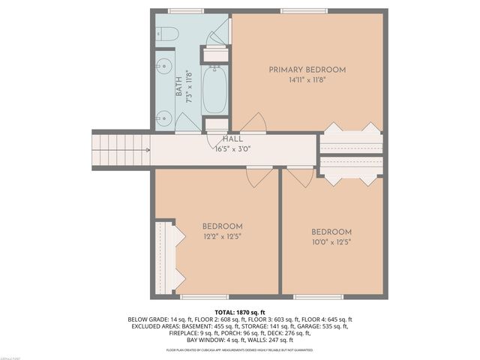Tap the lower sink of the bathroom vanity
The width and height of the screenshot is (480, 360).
pos(164,116)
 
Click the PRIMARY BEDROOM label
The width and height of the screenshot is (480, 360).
pos(307,70)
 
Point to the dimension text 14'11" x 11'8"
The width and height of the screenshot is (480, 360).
pos(307,79)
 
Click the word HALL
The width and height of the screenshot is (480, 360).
pos(232,139)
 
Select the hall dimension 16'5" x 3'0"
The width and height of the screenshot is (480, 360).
pos(232,148)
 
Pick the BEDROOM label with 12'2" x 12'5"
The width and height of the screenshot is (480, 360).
pos(223,226)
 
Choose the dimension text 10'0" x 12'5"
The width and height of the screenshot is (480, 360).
pos(331,241)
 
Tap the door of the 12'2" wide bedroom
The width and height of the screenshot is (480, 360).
pos(259,177)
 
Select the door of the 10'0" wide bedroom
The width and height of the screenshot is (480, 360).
pos(300,176)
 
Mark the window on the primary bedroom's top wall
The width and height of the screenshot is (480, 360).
pos(304,11)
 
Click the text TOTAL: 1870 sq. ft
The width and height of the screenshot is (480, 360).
pos(240,312)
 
